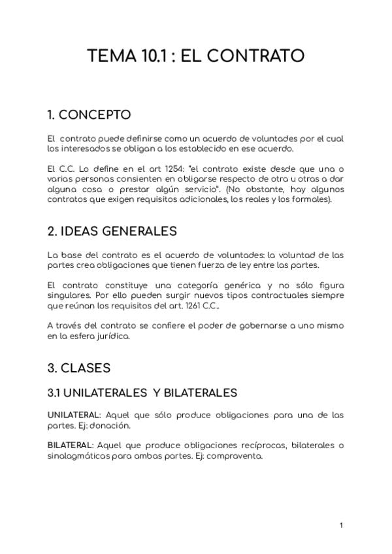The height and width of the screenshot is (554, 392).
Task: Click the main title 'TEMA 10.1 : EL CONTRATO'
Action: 196,56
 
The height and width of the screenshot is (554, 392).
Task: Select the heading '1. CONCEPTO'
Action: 89,115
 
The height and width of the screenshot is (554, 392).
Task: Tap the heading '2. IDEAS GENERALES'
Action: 112,231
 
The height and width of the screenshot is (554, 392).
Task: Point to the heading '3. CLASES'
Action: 78,368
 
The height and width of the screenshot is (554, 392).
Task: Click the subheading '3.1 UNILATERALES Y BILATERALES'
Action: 142,393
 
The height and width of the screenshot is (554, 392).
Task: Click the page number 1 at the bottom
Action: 342,525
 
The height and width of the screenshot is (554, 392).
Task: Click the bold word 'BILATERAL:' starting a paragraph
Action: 69,446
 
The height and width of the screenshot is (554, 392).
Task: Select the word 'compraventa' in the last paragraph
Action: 241,456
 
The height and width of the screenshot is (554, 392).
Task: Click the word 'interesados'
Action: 81,149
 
